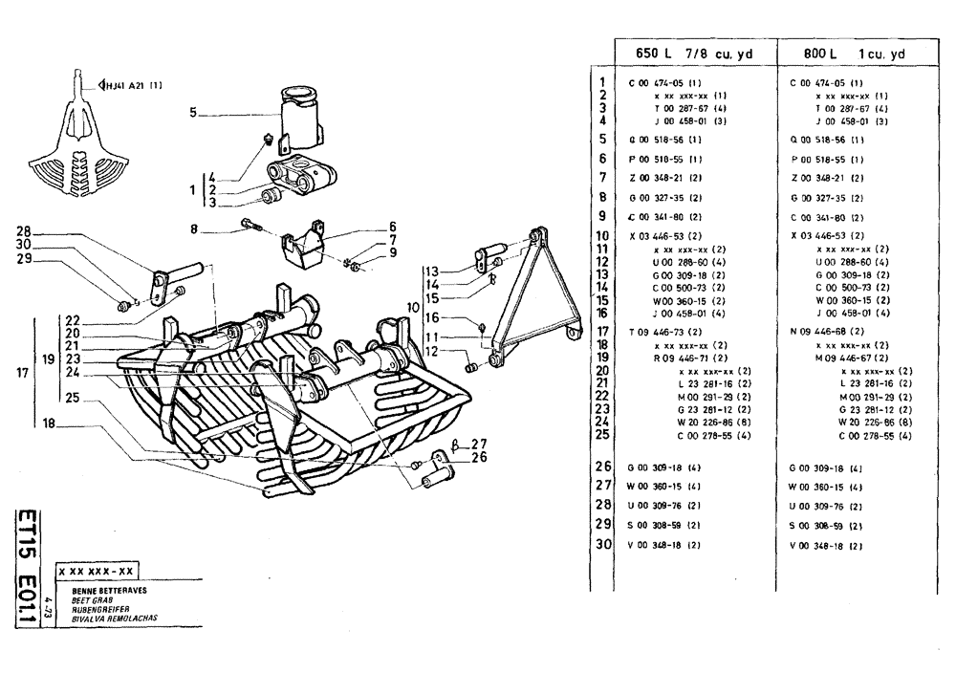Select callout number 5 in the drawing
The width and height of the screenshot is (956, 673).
(x=192, y=113)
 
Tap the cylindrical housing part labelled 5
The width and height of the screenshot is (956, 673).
(x=299, y=115)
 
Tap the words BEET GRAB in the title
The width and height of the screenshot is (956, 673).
(x=93, y=599)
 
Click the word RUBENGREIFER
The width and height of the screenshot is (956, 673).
(x=99, y=609)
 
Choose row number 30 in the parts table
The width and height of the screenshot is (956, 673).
(x=602, y=544)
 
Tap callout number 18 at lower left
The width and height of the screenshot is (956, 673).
(x=47, y=422)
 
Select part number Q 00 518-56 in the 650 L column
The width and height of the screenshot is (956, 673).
(x=659, y=140)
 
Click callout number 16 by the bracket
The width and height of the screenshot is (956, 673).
(x=432, y=317)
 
